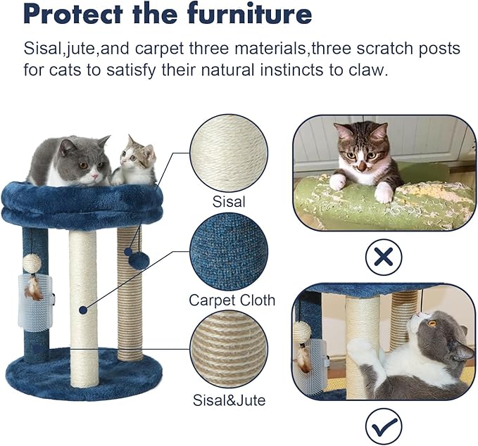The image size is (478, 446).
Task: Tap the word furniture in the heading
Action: click(x=250, y=13)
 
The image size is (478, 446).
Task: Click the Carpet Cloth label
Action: click(x=232, y=300)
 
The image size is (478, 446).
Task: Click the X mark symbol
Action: click(x=384, y=258)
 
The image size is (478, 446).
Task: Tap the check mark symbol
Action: click(x=384, y=426)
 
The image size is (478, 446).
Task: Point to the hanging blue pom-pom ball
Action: click(x=139, y=260)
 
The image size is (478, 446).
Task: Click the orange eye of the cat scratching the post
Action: click(x=432, y=324)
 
